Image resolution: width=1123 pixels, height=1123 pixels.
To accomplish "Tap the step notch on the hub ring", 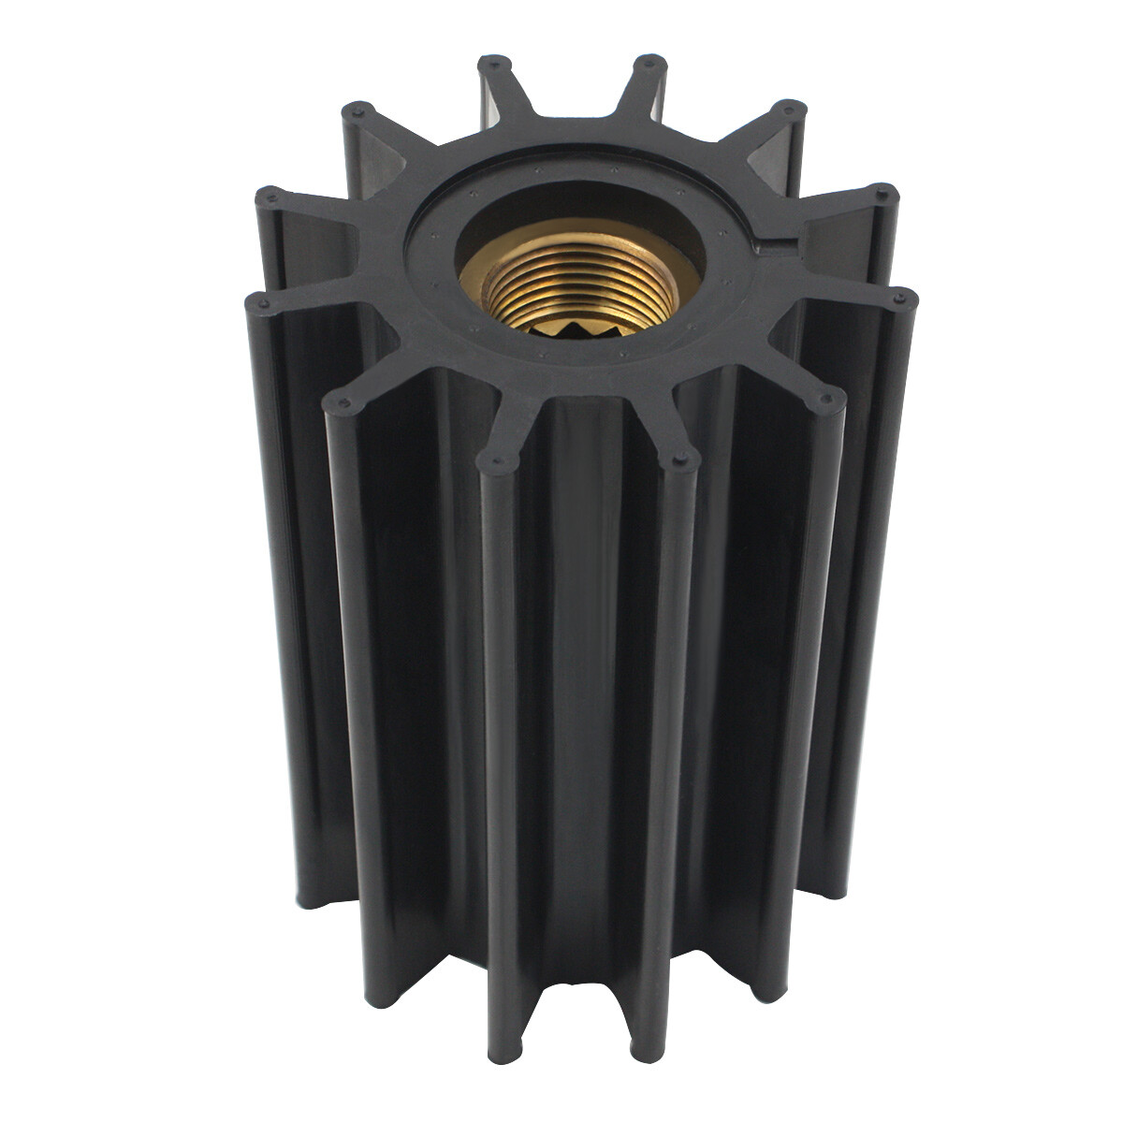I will [762, 245].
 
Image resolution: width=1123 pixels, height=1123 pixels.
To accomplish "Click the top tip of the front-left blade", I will [492, 459].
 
